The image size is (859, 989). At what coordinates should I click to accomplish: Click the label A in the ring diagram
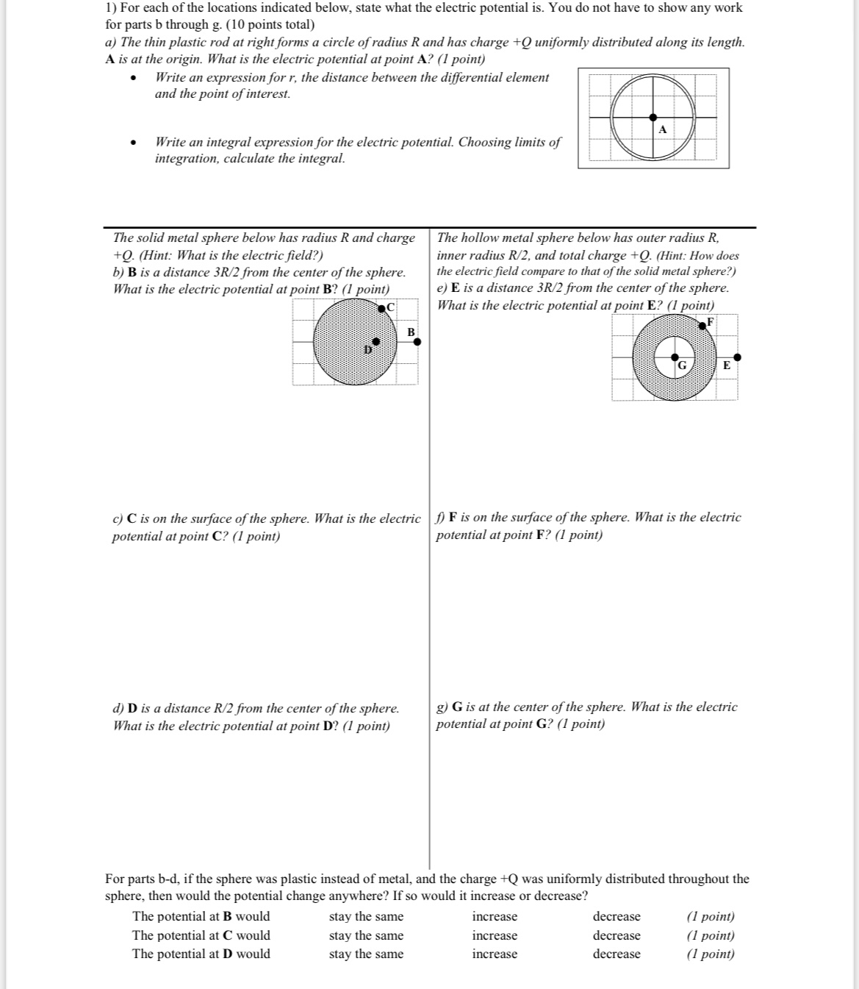tap(662, 130)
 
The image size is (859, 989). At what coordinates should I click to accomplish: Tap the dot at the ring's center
tap(653, 117)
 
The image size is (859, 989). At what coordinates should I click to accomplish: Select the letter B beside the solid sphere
tap(411, 332)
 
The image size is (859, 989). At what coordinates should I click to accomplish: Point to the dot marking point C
tap(382, 308)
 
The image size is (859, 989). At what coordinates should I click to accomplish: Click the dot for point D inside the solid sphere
tap(376, 342)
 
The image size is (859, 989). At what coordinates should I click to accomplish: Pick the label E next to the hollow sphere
tap(727, 365)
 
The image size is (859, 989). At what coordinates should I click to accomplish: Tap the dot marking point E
tap(737, 357)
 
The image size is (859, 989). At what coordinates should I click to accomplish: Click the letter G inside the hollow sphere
tap(681, 365)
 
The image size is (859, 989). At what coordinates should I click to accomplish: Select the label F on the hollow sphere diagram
tap(710, 321)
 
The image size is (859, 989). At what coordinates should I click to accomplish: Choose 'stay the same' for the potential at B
tap(366, 917)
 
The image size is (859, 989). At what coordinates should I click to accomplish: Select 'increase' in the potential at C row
tap(494, 936)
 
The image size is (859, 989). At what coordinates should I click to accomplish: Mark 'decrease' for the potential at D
tap(617, 954)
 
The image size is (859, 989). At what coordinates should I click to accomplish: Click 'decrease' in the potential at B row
tap(617, 917)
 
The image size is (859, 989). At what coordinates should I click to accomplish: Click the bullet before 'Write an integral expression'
tap(132, 143)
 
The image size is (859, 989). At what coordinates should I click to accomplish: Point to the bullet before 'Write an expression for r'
tap(132, 79)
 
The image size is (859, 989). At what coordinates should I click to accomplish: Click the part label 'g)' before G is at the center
tap(442, 707)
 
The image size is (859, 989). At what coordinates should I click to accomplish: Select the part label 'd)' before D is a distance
tap(118, 709)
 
